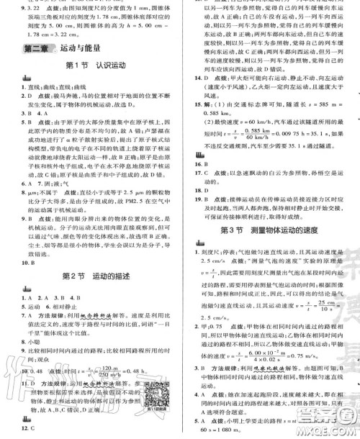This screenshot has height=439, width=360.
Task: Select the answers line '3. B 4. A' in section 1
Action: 30,113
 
